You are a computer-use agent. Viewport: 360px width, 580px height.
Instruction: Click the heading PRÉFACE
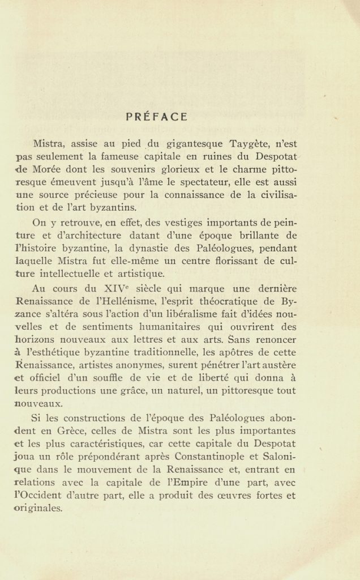[157, 117]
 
